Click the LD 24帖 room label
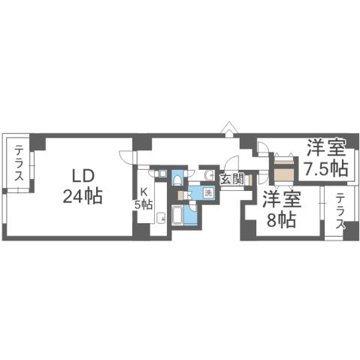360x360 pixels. click(x=82, y=186)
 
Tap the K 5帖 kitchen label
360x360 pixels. click(x=143, y=198)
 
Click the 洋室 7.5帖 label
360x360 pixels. click(x=325, y=157)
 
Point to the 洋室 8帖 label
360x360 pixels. click(x=282, y=210)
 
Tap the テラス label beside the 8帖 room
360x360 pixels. click(x=340, y=212)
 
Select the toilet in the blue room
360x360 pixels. click(x=177, y=179)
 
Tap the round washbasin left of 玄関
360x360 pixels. click(x=207, y=175)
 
